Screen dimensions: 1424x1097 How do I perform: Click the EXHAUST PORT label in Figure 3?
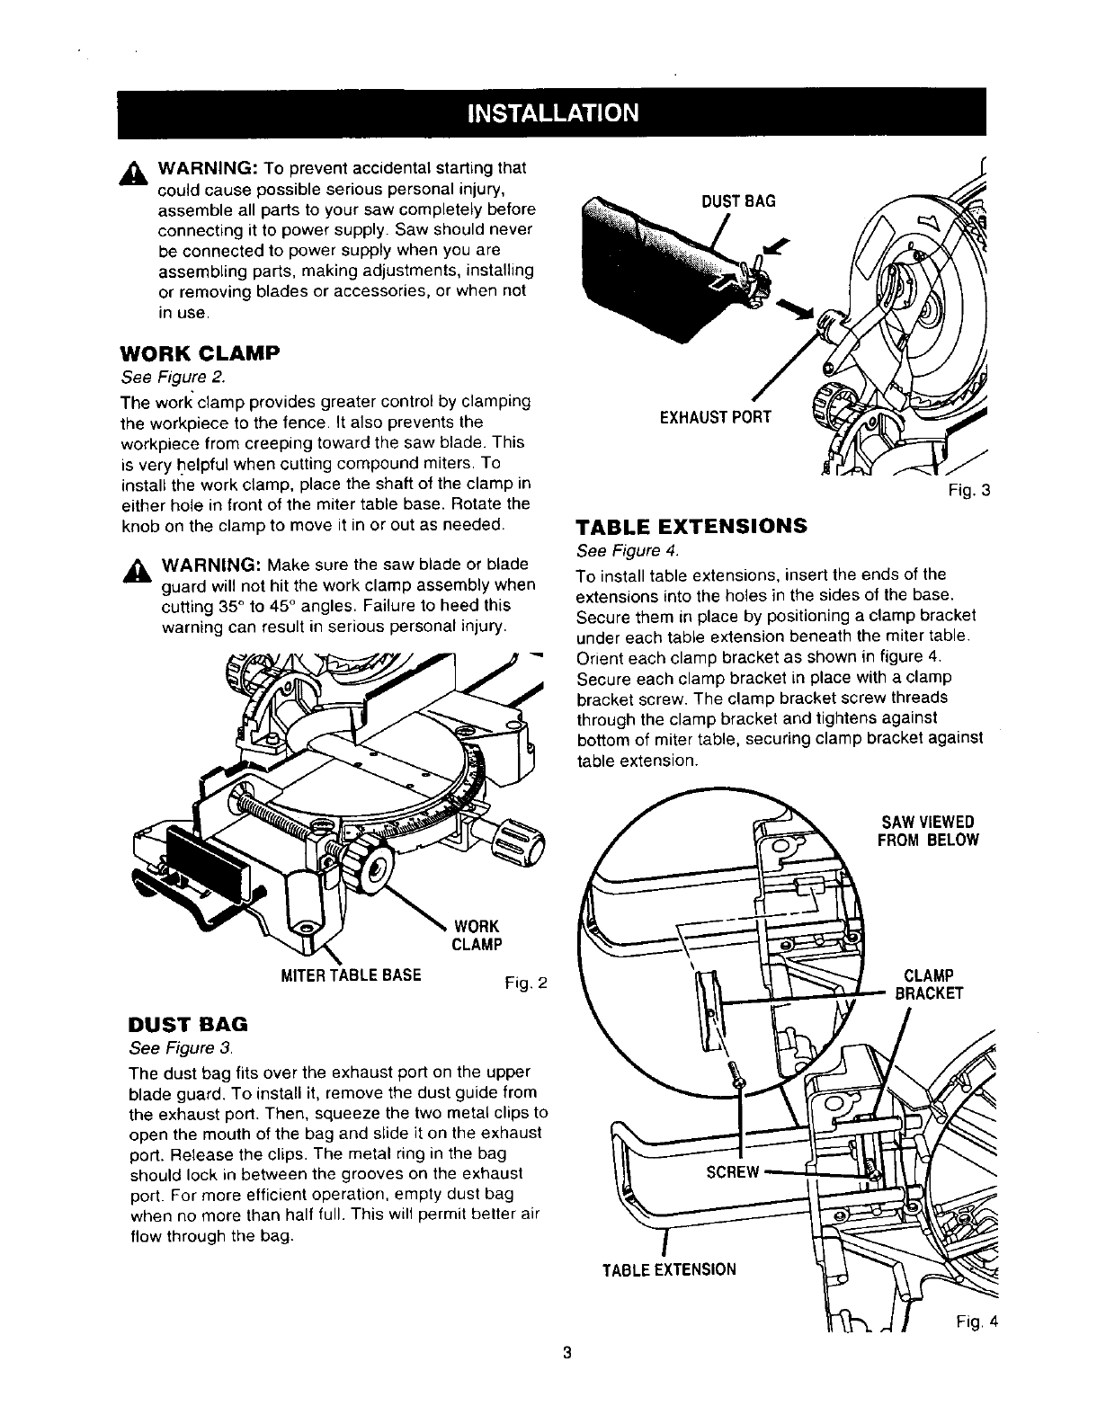click(716, 417)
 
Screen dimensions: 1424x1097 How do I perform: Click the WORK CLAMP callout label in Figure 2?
click(477, 935)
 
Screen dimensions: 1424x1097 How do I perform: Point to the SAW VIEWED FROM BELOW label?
click(926, 831)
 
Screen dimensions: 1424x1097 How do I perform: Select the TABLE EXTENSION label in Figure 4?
click(669, 1269)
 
